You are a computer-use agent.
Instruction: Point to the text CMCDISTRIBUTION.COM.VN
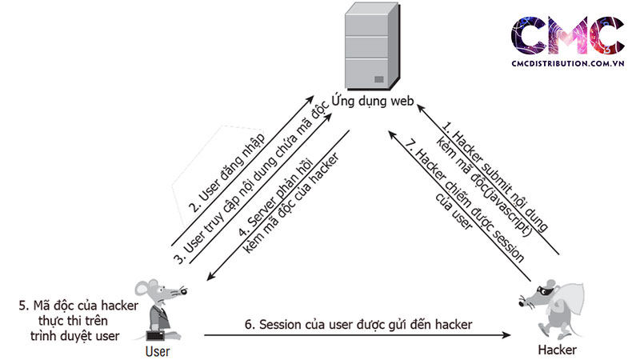pos(567,67)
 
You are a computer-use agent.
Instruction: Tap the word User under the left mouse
pos(158,350)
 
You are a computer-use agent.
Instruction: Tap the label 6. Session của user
pos(358,323)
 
